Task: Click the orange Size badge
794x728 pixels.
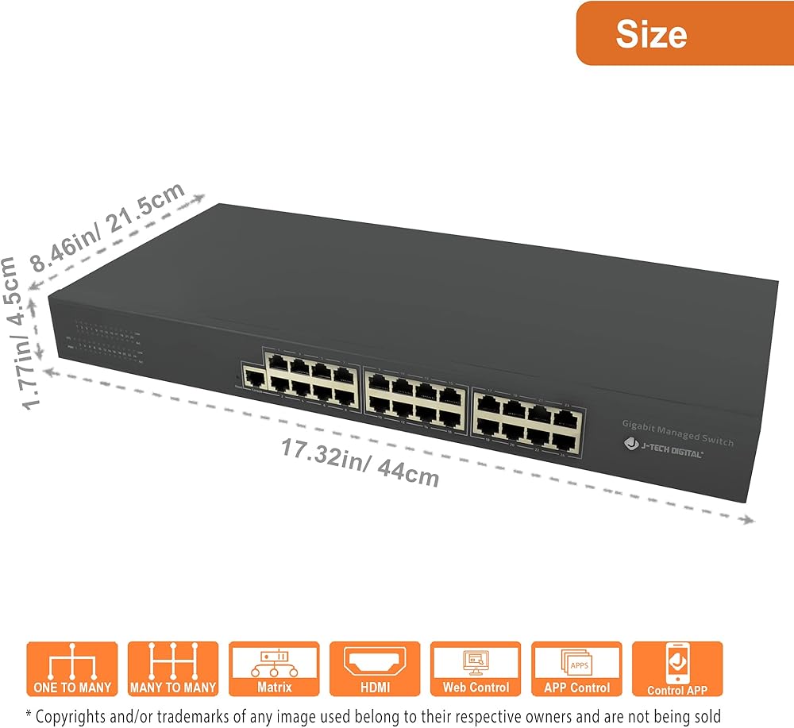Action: pyautogui.click(x=684, y=33)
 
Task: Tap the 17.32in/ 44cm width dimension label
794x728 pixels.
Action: pyautogui.click(x=360, y=463)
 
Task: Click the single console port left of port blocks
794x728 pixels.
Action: pyautogui.click(x=253, y=379)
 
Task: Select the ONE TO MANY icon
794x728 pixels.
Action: pyautogui.click(x=72, y=668)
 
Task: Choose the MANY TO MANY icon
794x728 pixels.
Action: pyautogui.click(x=172, y=668)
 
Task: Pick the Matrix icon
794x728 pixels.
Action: pyautogui.click(x=274, y=668)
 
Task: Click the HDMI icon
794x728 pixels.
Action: pyautogui.click(x=375, y=668)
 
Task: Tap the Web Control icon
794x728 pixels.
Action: pyautogui.click(x=476, y=668)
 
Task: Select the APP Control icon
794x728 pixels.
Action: pyautogui.click(x=576, y=668)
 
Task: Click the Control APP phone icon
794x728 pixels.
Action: pyautogui.click(x=677, y=668)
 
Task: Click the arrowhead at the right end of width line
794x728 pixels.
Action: pyautogui.click(x=748, y=521)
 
